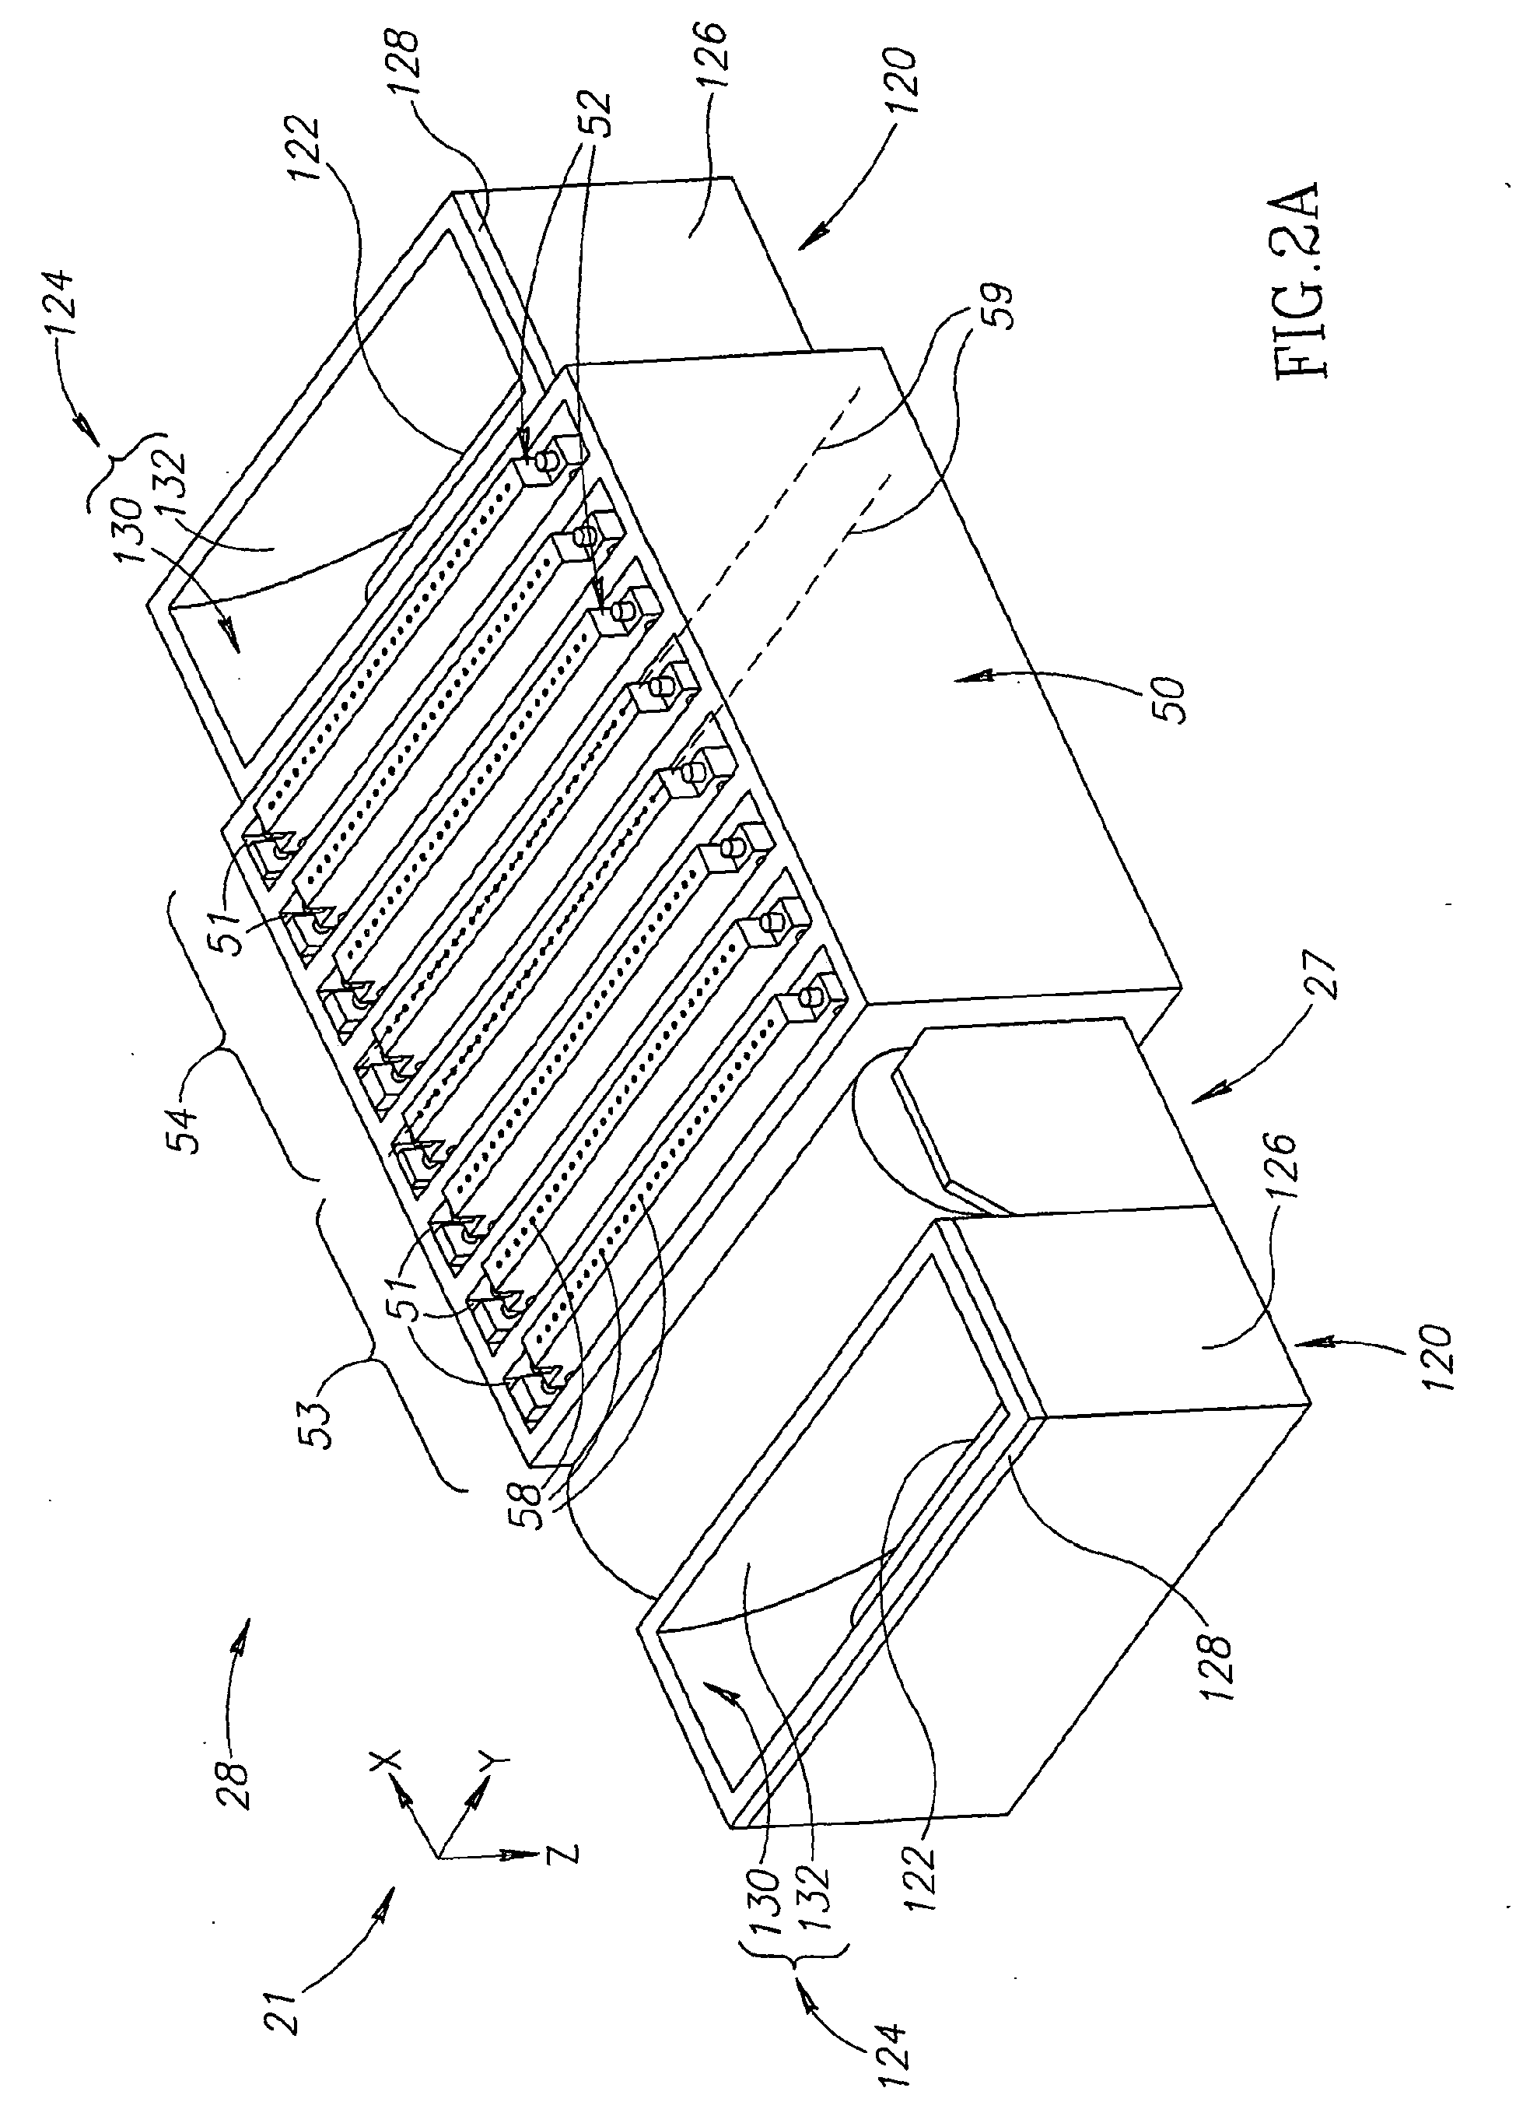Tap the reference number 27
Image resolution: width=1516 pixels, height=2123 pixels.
(x=1326, y=975)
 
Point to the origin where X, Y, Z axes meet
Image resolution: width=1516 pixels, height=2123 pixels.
(x=438, y=1858)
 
